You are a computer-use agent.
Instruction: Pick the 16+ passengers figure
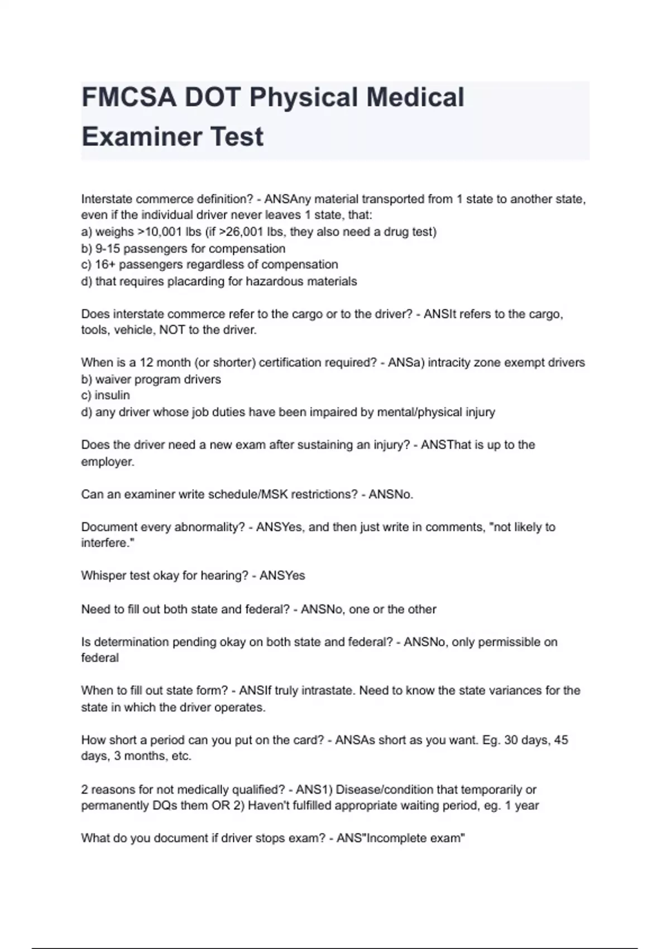coord(105,265)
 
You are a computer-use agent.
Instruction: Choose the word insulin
coord(112,396)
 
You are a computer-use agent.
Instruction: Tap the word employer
coord(107,462)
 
